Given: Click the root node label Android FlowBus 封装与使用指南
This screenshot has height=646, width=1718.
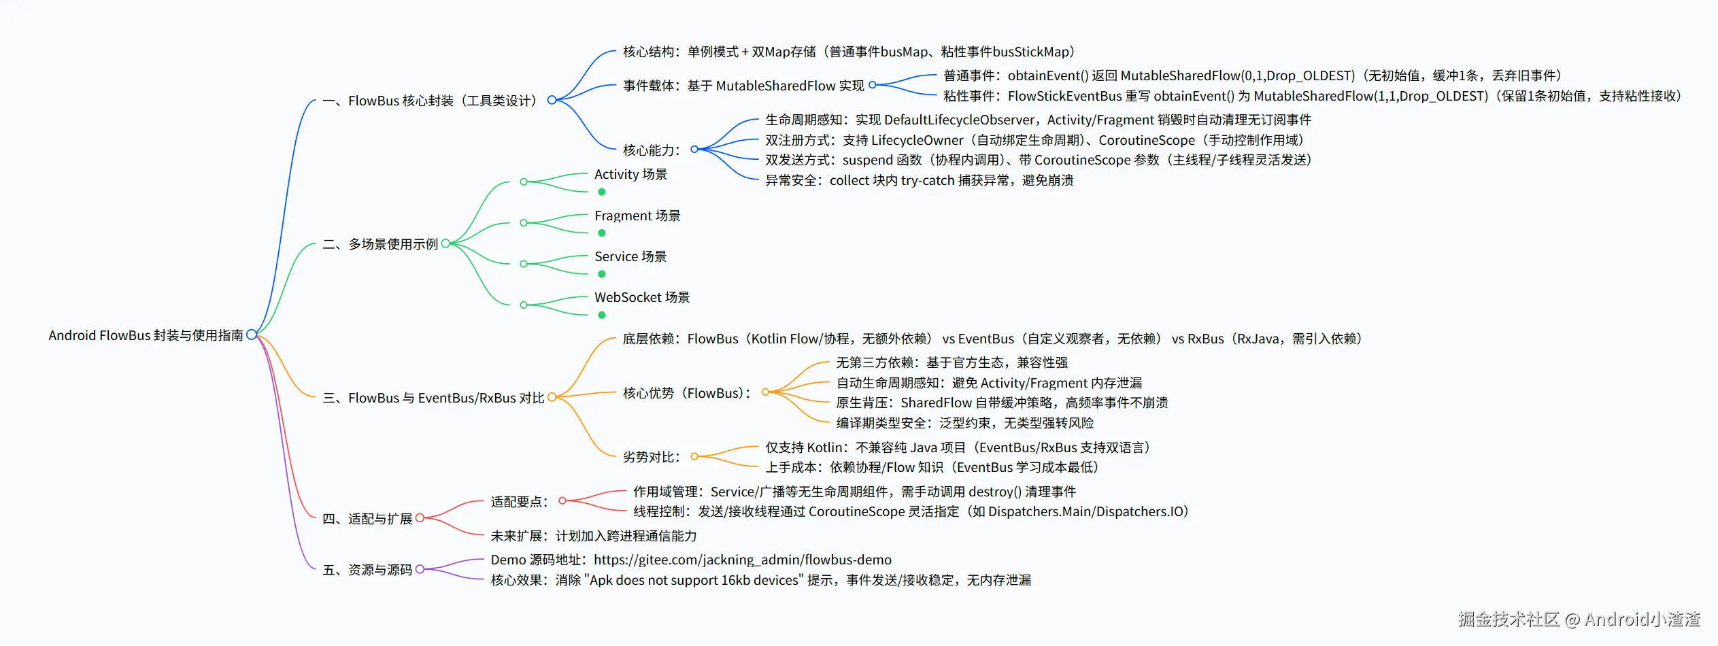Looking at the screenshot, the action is coord(146,335).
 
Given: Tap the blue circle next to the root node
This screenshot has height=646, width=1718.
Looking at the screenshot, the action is coord(252,335).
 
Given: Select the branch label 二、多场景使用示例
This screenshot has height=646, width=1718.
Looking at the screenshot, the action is coord(380,244).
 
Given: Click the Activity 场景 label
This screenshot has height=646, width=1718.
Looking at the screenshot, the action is coord(630,174).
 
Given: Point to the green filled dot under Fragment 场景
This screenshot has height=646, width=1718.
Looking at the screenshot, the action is coord(602,233).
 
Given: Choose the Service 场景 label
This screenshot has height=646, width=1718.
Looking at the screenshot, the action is coord(630,256).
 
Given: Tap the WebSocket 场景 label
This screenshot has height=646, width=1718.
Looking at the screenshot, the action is coord(642,297).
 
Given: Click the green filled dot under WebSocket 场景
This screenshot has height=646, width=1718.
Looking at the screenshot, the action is coord(602,315).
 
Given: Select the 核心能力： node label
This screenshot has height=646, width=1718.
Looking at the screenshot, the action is coord(652,150).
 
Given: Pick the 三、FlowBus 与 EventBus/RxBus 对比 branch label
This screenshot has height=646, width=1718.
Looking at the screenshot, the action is coord(433,398).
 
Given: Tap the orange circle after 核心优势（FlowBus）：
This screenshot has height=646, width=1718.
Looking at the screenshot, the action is coord(765,392).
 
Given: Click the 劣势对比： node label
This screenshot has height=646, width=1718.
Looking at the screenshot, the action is coord(652,457).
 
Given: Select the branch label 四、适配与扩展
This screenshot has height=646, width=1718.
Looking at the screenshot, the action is coord(367,519).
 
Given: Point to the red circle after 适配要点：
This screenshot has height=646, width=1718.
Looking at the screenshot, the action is coord(562,501).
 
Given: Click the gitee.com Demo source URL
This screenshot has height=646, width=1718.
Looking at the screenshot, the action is coord(743,560).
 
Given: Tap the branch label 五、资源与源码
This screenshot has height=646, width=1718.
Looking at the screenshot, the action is coord(367,570).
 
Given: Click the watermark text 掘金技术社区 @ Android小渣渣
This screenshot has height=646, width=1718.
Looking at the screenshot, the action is coord(1579,619).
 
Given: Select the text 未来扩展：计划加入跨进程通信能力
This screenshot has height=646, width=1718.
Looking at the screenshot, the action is coord(594,536).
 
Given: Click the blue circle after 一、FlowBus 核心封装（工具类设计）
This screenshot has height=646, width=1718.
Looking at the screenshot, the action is coord(552,100).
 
